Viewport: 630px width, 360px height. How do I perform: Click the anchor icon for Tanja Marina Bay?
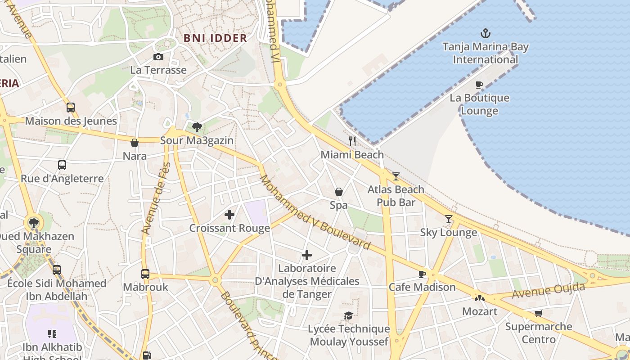coord(485,33)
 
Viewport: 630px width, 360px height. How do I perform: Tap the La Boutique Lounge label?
coord(479,104)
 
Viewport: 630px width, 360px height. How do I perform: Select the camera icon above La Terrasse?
coord(158,57)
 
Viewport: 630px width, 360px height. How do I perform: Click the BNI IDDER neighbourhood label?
coord(215,38)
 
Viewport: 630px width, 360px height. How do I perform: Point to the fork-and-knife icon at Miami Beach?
coord(352,141)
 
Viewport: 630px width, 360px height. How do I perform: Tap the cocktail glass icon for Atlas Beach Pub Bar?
coord(396,176)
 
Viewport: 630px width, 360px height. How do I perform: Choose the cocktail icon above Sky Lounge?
coord(449,219)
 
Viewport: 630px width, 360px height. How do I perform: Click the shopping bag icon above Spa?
coord(339,192)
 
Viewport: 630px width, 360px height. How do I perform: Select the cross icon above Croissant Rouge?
coord(229,215)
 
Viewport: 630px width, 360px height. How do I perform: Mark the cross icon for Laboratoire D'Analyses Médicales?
coord(307,255)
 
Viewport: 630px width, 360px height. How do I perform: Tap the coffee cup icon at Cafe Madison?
coord(422,274)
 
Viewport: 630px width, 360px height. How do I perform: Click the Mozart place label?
coord(480,311)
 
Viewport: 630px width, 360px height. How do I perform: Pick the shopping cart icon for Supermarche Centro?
coord(538,313)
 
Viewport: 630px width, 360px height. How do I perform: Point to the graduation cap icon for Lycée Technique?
coord(348,315)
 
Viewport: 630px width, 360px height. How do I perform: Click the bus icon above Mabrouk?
coord(145,274)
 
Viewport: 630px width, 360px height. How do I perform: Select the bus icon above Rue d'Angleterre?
coord(62,165)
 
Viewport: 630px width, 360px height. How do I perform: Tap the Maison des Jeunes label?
coord(71,121)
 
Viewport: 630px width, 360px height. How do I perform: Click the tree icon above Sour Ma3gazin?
coord(197,127)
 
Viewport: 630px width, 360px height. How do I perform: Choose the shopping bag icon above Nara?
coord(134,143)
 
